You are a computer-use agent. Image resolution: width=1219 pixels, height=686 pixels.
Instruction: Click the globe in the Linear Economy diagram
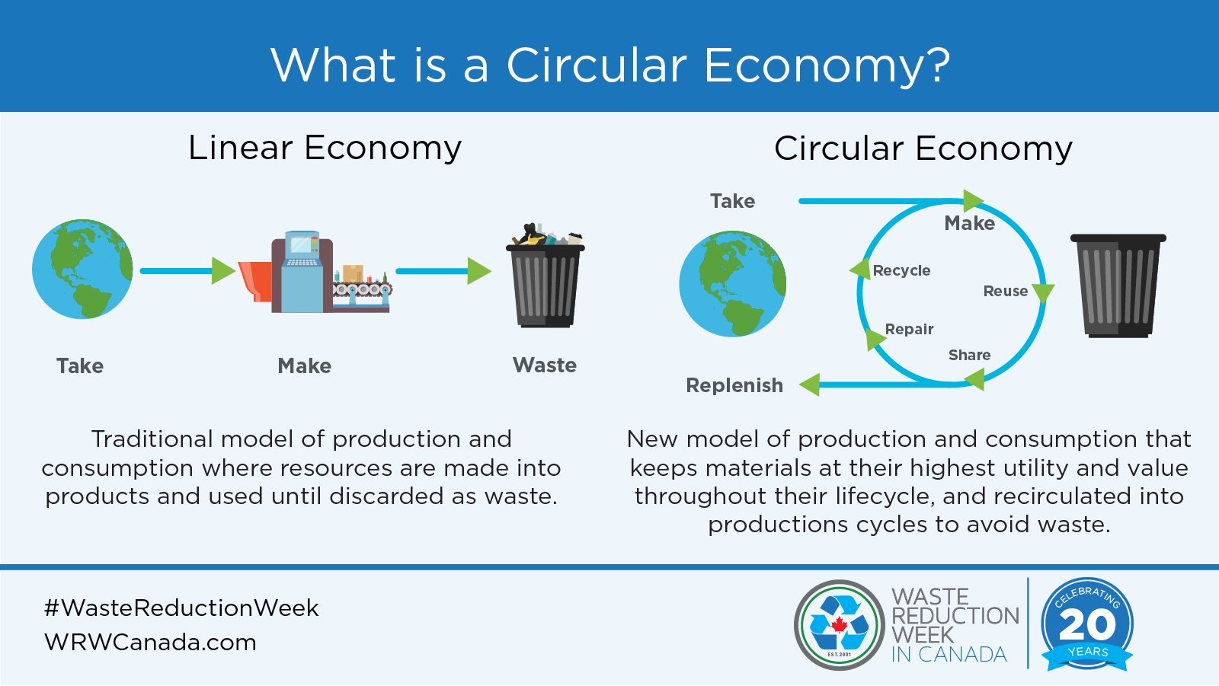point(82,269)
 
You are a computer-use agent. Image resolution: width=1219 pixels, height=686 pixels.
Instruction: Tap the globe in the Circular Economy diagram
point(732,284)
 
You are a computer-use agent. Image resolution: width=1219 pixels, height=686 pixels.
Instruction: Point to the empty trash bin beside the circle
point(1118,286)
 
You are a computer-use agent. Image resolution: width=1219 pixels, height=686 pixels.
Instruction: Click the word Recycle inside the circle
point(901,270)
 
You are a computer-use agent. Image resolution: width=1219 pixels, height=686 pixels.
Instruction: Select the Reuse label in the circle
point(1005,291)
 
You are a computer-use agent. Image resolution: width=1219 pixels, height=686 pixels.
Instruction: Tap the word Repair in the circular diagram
point(909,329)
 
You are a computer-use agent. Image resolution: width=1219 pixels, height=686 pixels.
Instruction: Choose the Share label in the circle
point(969,355)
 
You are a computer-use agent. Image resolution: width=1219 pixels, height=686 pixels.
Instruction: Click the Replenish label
point(734,385)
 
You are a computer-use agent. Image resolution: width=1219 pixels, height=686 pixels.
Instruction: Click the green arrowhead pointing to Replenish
point(810,384)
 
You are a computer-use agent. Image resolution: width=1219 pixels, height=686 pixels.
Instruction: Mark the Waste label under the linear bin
point(545,365)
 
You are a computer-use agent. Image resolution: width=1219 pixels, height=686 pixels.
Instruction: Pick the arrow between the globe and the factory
point(187,270)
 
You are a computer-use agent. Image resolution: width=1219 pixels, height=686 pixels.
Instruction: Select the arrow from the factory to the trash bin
point(443,270)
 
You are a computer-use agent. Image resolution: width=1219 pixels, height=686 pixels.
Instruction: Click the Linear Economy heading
point(325,148)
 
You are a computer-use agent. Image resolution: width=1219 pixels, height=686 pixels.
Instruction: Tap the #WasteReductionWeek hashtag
point(181,608)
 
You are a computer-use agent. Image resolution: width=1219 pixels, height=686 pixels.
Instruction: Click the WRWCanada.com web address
point(150,642)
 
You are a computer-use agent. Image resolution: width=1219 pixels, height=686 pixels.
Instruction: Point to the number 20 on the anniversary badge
point(1087,625)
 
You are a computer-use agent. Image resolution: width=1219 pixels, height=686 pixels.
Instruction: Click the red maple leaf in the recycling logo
point(839,625)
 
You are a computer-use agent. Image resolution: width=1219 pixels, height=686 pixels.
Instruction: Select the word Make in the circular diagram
point(969,223)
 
